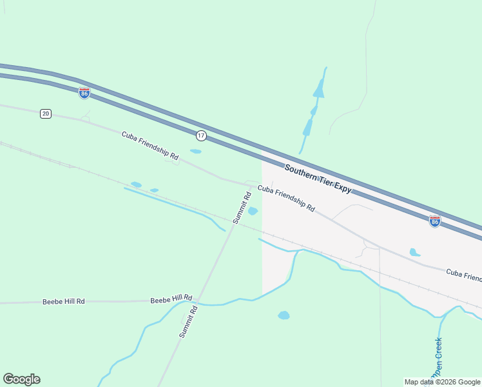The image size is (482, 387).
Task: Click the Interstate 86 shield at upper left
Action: [84, 93]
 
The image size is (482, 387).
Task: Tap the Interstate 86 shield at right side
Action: [435, 221]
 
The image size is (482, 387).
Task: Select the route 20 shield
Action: [45, 114]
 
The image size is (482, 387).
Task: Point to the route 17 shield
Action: [202, 135]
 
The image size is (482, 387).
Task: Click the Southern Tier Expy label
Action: [318, 179]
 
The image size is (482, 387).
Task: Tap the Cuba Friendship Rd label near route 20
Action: [150, 144]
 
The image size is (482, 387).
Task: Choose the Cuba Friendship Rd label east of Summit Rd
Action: [286, 199]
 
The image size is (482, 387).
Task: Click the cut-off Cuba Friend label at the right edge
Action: [464, 275]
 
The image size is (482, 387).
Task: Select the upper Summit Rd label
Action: [242, 208]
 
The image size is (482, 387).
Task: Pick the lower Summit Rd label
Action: [188, 322]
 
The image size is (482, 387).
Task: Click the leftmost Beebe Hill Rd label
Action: [64, 301]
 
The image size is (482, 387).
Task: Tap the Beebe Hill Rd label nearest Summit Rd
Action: [171, 299]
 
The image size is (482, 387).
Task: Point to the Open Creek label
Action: [438, 357]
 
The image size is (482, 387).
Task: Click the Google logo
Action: [21, 379]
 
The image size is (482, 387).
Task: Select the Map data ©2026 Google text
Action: [443, 382]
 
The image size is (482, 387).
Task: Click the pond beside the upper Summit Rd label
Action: [253, 211]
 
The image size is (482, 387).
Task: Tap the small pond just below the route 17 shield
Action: [196, 152]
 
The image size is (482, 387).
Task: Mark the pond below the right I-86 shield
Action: [415, 252]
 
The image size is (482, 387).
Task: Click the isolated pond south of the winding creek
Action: [284, 315]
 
